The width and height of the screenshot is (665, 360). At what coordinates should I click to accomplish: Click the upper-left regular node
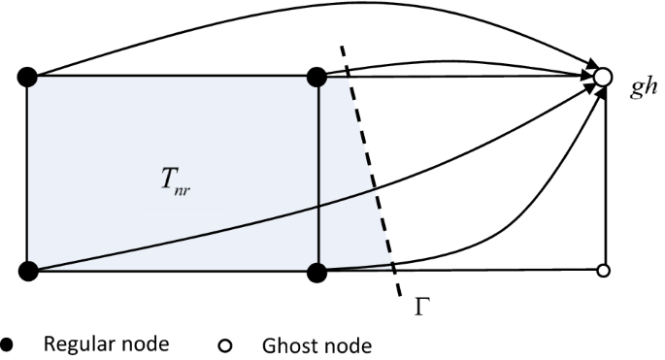27,76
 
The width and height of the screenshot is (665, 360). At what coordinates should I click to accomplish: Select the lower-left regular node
27,271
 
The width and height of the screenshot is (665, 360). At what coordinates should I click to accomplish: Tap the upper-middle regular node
316,76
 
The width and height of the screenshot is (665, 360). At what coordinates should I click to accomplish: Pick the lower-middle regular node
316,271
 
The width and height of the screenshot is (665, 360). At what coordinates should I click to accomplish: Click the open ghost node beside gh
603,76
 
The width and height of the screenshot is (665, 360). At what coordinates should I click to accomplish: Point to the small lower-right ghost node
603,271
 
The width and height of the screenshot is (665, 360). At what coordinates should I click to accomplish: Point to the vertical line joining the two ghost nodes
604,175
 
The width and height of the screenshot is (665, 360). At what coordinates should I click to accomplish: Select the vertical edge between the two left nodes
27,175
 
